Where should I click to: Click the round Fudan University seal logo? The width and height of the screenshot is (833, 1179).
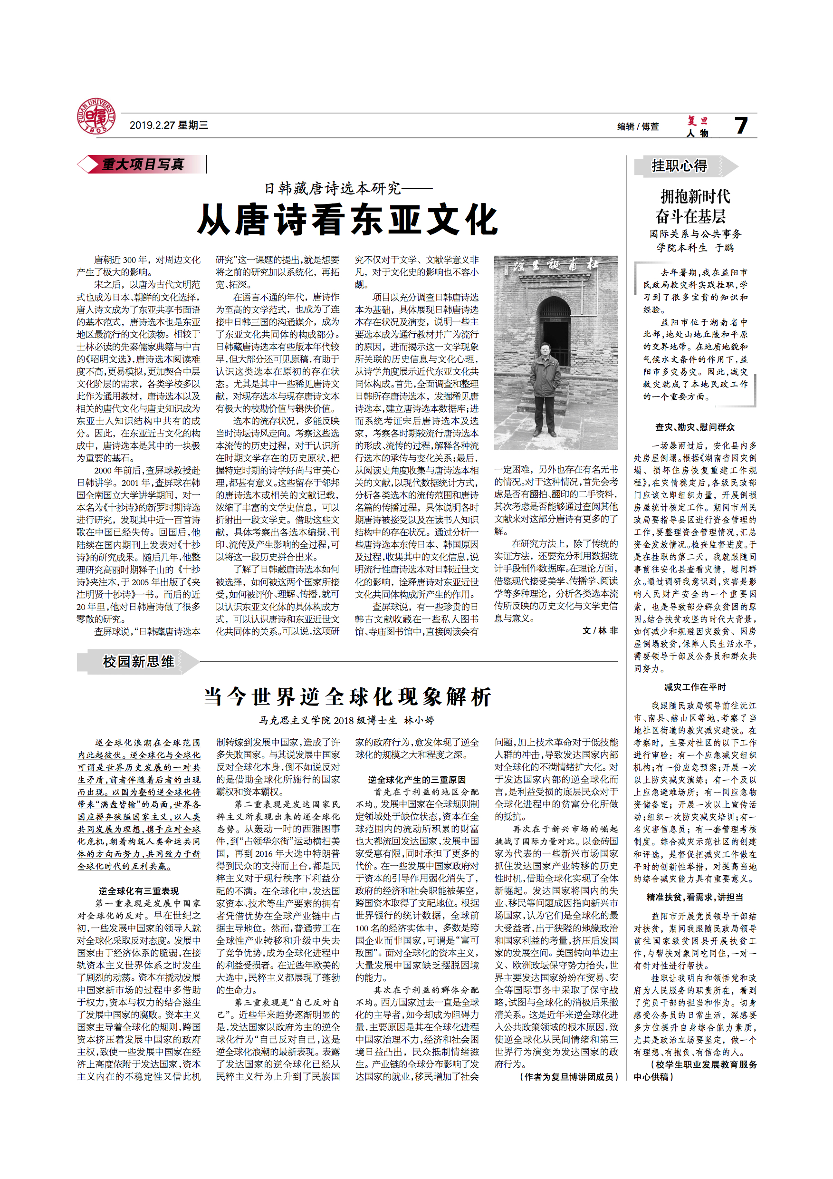(96, 117)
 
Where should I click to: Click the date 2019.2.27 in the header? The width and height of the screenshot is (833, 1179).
(153, 126)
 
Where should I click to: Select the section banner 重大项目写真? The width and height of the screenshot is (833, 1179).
(142, 164)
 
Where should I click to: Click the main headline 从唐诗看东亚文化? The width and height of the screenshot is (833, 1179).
(347, 220)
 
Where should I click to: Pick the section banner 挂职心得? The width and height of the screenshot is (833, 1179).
(679, 166)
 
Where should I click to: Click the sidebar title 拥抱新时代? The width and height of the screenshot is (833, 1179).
(695, 196)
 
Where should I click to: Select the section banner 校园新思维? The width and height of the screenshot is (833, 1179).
(138, 661)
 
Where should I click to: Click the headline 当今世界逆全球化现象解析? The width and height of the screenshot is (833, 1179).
(347, 697)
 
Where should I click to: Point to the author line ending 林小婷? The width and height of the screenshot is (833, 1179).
(346, 720)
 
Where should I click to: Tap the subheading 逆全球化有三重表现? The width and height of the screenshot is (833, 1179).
(139, 891)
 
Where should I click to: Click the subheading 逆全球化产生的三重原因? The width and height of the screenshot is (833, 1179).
(417, 780)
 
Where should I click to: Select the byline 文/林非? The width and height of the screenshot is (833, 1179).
(600, 630)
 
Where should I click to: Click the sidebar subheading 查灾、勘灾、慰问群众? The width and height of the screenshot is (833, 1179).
(695, 427)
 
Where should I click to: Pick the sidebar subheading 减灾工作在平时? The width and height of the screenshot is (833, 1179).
(695, 687)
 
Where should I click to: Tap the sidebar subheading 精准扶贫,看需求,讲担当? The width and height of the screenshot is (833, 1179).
(695, 897)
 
